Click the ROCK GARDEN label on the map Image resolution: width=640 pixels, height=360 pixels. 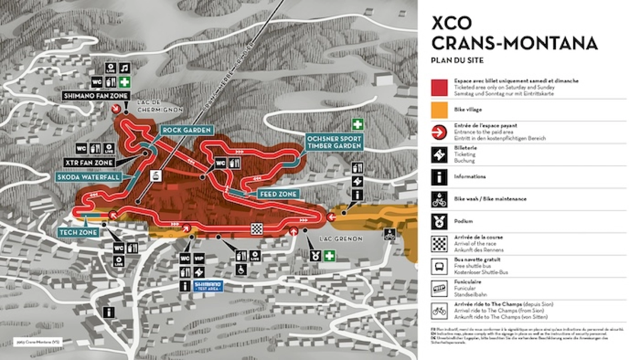click(186, 130)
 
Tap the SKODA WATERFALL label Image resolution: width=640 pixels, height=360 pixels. click(88, 177)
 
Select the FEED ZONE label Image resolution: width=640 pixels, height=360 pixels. click(278, 194)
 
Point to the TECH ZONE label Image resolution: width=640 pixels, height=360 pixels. click(78, 232)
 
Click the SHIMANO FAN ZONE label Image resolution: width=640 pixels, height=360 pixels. click(96, 96)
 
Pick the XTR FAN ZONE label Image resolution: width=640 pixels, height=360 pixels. click(89, 163)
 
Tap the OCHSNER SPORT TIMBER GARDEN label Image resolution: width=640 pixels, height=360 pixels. click(334, 142)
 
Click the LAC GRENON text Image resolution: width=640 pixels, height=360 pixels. click(341, 239)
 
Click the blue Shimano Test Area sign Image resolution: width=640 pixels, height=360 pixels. click(208, 286)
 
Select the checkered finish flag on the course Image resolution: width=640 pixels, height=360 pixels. click(256, 229)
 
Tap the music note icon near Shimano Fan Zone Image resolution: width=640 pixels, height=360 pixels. click(125, 68)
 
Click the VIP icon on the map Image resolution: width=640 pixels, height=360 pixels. click(199, 259)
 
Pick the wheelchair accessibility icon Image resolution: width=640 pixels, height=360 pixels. click(241, 270)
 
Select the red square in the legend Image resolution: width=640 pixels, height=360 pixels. click(439, 87)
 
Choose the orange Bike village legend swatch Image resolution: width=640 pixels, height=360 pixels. click(439, 110)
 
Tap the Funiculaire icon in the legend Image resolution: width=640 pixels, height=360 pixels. click(439, 288)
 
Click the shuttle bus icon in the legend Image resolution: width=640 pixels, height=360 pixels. click(439, 266)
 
